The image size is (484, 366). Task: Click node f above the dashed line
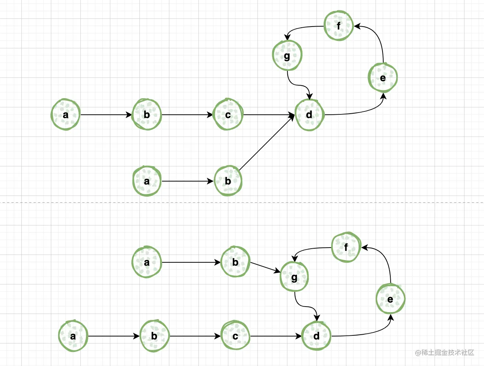pos(339,26)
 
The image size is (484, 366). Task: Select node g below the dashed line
pos(294,277)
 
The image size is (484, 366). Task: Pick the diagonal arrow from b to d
pos(266,143)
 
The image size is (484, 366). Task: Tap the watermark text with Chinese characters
pos(444,352)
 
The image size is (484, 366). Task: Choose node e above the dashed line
pos(383,78)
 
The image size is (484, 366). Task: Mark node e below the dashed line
pos(390,299)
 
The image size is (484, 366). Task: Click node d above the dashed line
pos(309,115)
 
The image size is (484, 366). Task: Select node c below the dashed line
pos(235,336)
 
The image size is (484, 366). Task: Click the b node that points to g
pos(235,262)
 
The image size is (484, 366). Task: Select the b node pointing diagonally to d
pos(228,181)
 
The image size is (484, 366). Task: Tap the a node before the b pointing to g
pos(147,262)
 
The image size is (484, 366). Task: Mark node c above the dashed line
pos(228,115)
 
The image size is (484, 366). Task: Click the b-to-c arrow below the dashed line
pos(195,336)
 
